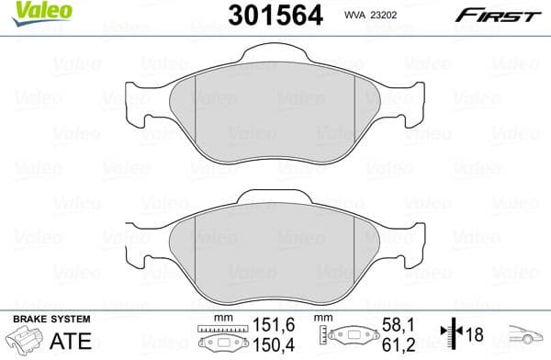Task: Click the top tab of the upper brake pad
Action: coord(275,76)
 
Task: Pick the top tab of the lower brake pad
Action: coord(275,200)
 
